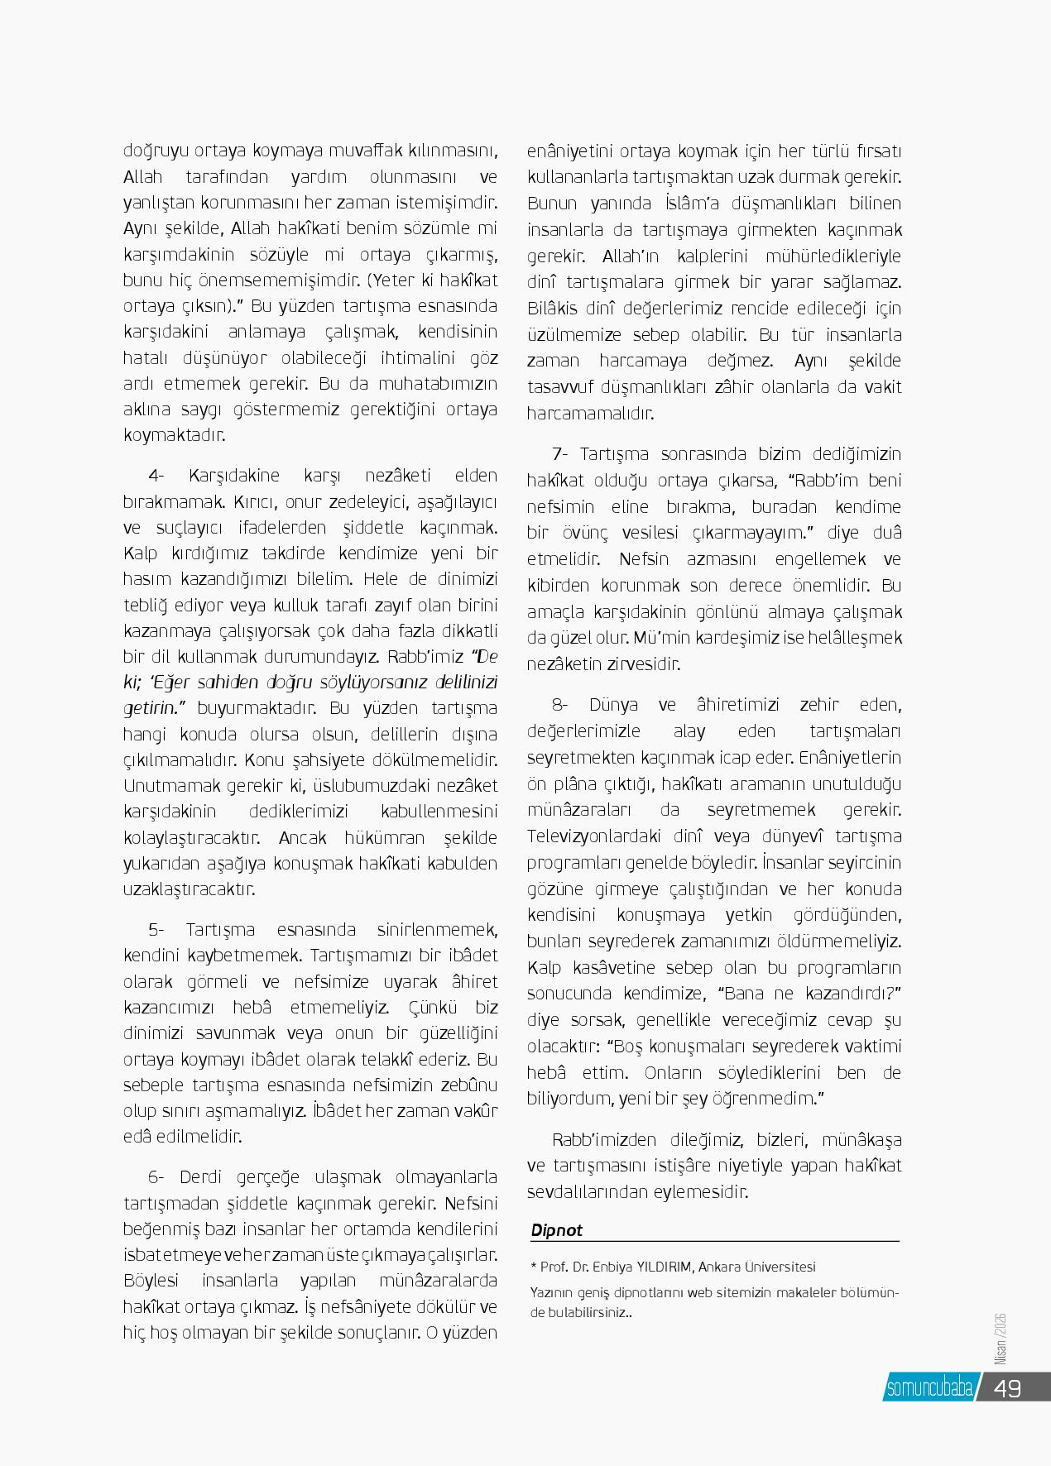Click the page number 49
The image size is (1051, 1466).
pos(1007,1387)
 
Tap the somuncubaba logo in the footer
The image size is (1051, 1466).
pos(929,1387)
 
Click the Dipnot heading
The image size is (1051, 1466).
pos(556,1230)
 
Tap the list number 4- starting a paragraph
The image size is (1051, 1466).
pos(157,476)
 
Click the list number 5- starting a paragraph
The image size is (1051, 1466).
pos(157,929)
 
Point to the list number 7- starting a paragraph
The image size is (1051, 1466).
pos(560,454)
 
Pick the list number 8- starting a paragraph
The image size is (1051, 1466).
pos(560,705)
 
